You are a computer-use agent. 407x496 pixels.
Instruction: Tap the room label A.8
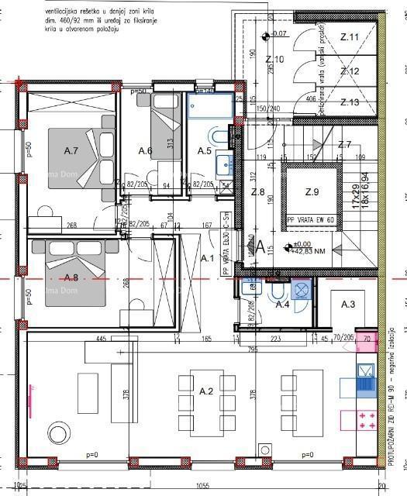(x=72, y=277)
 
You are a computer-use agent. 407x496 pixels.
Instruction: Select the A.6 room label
(x=145, y=150)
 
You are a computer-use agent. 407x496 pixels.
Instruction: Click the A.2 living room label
(x=205, y=392)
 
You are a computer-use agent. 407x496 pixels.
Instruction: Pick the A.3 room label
(x=348, y=305)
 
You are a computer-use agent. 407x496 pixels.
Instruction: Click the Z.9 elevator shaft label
(x=312, y=191)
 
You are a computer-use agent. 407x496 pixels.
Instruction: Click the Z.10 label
(x=274, y=59)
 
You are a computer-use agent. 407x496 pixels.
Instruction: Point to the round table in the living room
(x=57, y=432)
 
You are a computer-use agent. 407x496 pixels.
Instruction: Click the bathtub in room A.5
(x=210, y=106)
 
